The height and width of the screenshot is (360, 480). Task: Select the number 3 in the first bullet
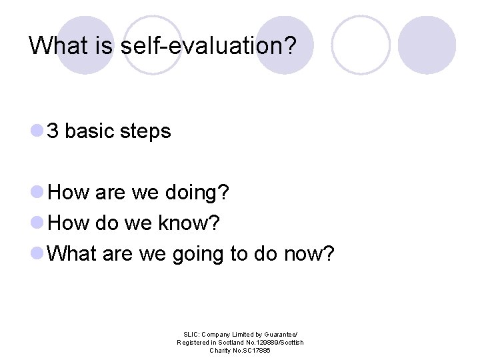[x=53, y=131]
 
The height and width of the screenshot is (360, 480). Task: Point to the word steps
[x=145, y=132]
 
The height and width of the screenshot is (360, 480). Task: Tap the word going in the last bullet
[x=198, y=254]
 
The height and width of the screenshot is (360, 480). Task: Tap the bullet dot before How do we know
[x=37, y=224]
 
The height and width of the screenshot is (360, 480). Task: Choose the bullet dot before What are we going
[x=37, y=254]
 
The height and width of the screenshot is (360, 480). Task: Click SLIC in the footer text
[x=191, y=334]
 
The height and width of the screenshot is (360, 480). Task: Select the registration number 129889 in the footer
[x=259, y=342]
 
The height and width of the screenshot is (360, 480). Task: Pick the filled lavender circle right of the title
[x=427, y=45]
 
